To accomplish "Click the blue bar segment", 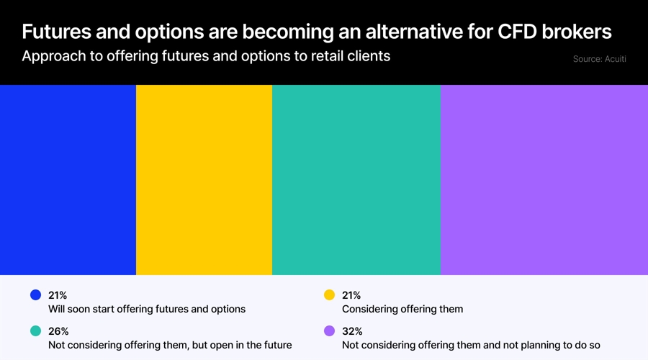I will [68, 180].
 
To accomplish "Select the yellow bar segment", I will [204, 180].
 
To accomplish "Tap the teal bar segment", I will [356, 180].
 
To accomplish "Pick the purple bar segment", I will [544, 180].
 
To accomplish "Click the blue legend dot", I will [35, 295].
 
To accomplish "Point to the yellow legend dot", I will [330, 295].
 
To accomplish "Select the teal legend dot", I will [35, 331].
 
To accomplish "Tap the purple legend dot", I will [330, 331].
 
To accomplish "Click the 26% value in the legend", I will [58, 331].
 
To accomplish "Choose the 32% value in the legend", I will [352, 331].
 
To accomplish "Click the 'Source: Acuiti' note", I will [599, 59].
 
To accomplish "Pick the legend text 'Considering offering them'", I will [402, 309].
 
